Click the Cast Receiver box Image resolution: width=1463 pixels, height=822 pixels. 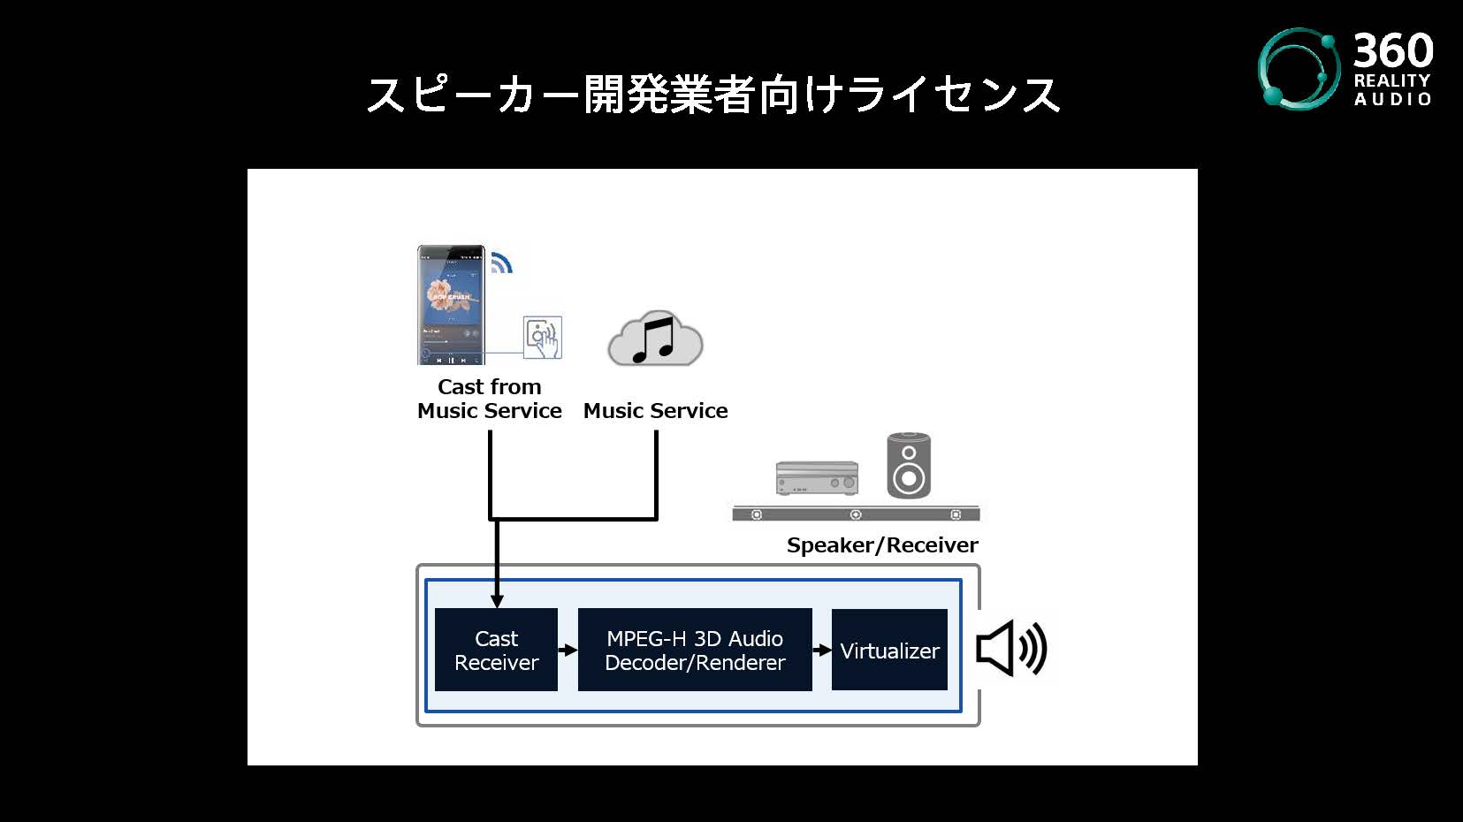click(x=497, y=650)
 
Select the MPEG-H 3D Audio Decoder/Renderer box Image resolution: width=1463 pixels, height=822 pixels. click(x=695, y=650)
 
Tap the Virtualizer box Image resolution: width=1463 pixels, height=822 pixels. click(x=889, y=650)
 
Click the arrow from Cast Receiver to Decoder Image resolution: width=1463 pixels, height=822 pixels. click(x=568, y=651)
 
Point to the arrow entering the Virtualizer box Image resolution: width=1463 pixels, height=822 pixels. click(x=821, y=651)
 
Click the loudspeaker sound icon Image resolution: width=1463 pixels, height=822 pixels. click(x=1011, y=649)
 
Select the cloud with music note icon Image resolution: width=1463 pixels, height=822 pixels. click(x=655, y=339)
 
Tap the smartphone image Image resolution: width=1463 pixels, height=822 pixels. click(x=452, y=305)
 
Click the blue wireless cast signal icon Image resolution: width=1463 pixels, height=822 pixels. click(x=501, y=263)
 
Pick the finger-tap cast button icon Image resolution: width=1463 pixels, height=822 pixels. click(x=542, y=337)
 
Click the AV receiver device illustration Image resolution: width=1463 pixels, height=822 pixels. click(x=817, y=478)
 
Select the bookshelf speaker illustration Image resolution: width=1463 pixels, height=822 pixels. click(x=909, y=466)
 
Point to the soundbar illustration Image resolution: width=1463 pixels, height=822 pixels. click(x=856, y=514)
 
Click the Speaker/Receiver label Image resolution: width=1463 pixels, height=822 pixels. click(x=882, y=544)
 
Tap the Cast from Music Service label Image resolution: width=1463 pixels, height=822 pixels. click(x=489, y=399)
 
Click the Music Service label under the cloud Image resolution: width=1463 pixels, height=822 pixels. click(x=655, y=411)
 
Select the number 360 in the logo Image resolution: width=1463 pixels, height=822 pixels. click(x=1393, y=50)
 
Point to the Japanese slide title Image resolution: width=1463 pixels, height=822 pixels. click(x=713, y=95)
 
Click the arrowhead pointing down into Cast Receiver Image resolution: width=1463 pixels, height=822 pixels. click(x=497, y=601)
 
